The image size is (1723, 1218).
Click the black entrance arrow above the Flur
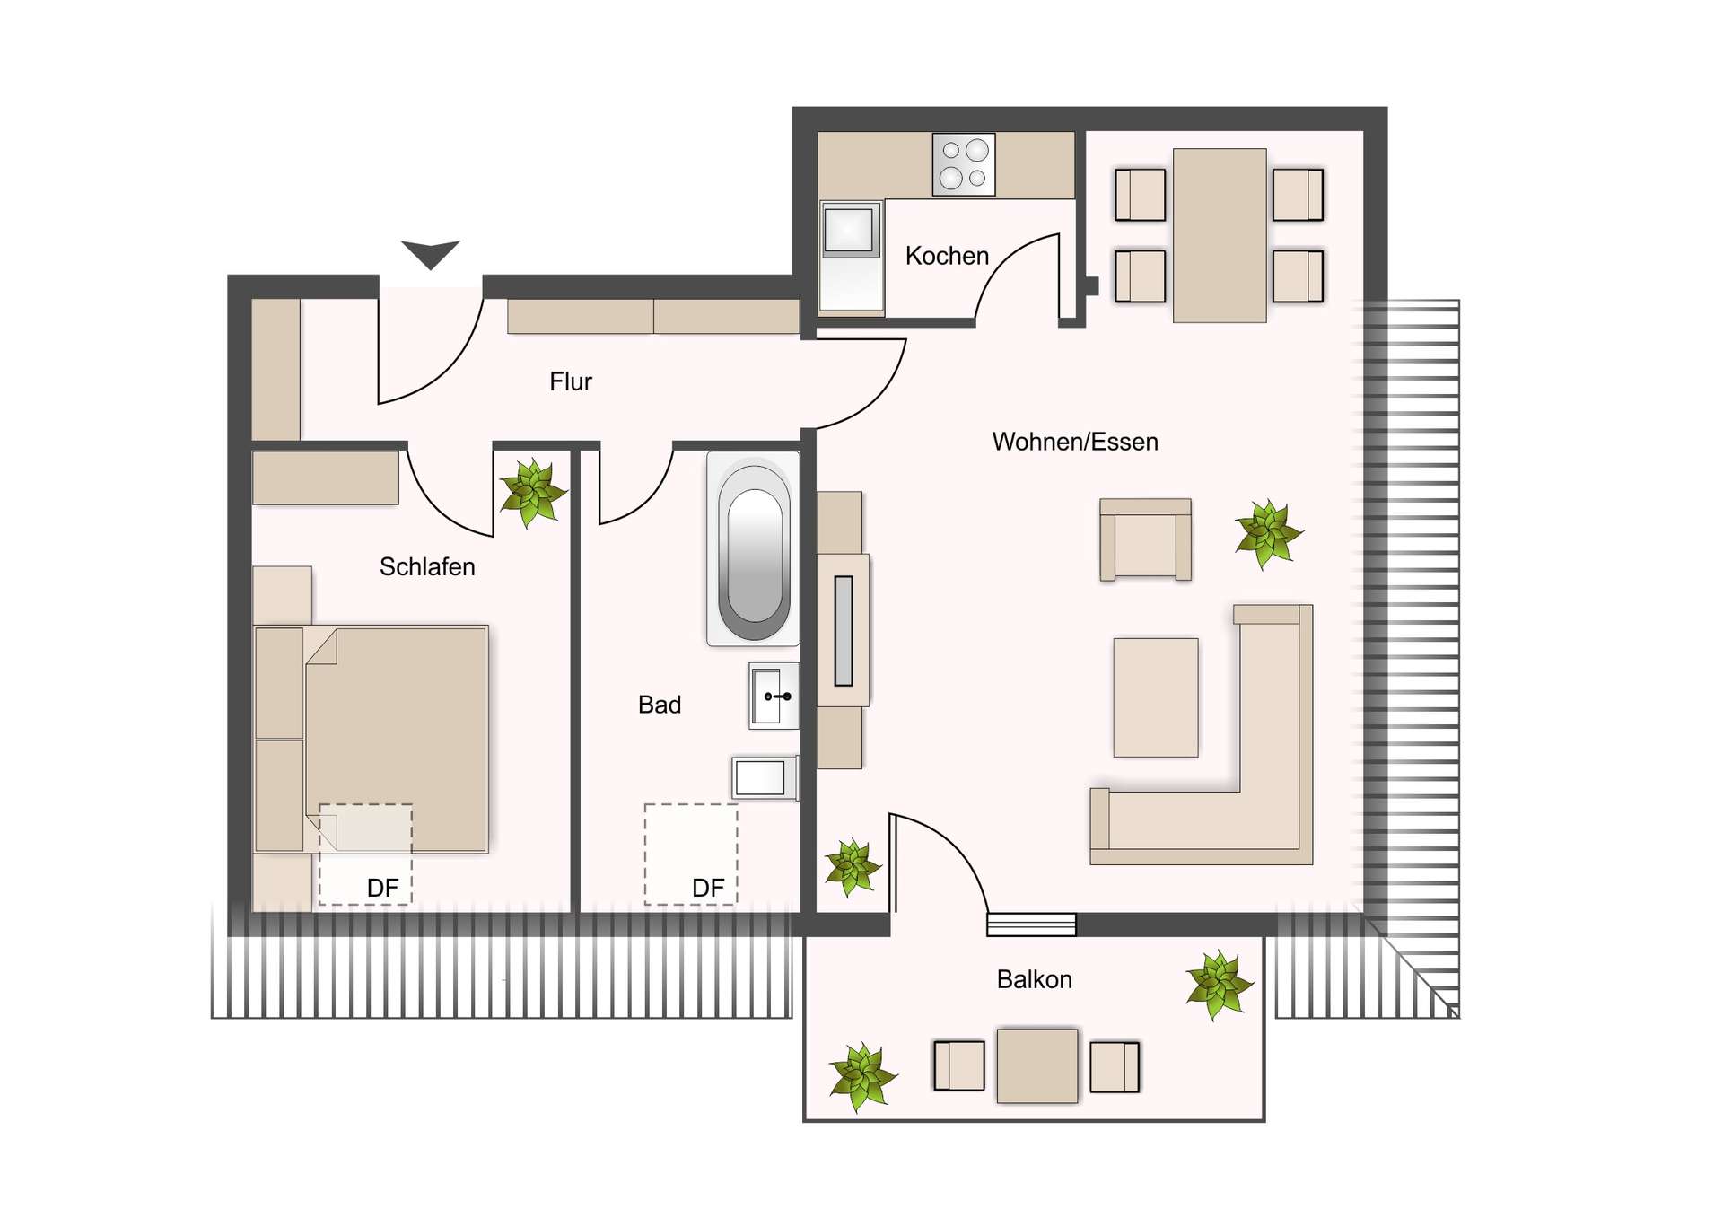(431, 253)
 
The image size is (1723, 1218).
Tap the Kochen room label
(947, 256)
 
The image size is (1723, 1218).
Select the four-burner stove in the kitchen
(964, 164)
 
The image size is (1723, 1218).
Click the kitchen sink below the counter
(849, 230)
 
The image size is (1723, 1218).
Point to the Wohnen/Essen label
(1075, 442)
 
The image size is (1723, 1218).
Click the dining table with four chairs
(1220, 235)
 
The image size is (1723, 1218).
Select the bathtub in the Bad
(754, 549)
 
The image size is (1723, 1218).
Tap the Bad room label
(660, 705)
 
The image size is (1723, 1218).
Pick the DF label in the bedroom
(383, 888)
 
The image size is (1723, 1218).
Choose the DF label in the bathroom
(708, 888)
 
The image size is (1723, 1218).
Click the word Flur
(571, 381)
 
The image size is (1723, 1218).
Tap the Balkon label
(1034, 979)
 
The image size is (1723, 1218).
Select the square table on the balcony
(1037, 1065)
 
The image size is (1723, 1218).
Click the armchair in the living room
(1146, 539)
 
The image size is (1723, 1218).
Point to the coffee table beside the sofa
(1156, 697)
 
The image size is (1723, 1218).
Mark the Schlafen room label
(427, 566)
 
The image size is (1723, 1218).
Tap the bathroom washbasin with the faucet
(774, 696)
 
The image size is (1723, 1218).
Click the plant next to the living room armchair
(1268, 533)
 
